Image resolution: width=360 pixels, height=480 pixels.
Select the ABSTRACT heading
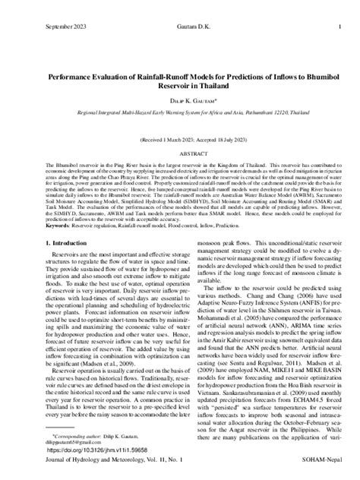(x=180, y=152)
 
